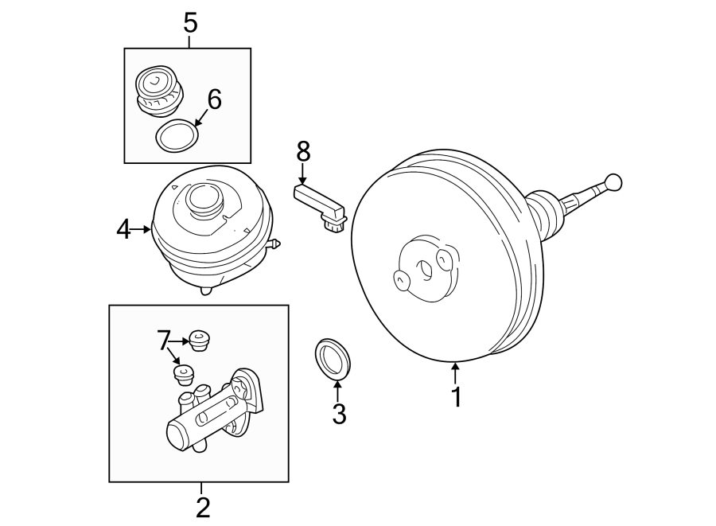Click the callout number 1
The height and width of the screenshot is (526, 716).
point(457,396)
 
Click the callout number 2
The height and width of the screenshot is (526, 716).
point(203,507)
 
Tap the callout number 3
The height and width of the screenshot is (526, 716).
point(339,413)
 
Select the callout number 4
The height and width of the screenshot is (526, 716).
point(123,230)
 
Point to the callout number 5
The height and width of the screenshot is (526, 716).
point(190,22)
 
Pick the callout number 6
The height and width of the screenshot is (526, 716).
point(214,99)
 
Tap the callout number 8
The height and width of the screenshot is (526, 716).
point(303,150)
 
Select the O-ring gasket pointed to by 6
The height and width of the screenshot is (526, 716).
point(177,136)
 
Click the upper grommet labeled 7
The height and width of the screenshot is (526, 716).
point(199,341)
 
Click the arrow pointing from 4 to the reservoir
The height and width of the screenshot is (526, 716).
point(142,230)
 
